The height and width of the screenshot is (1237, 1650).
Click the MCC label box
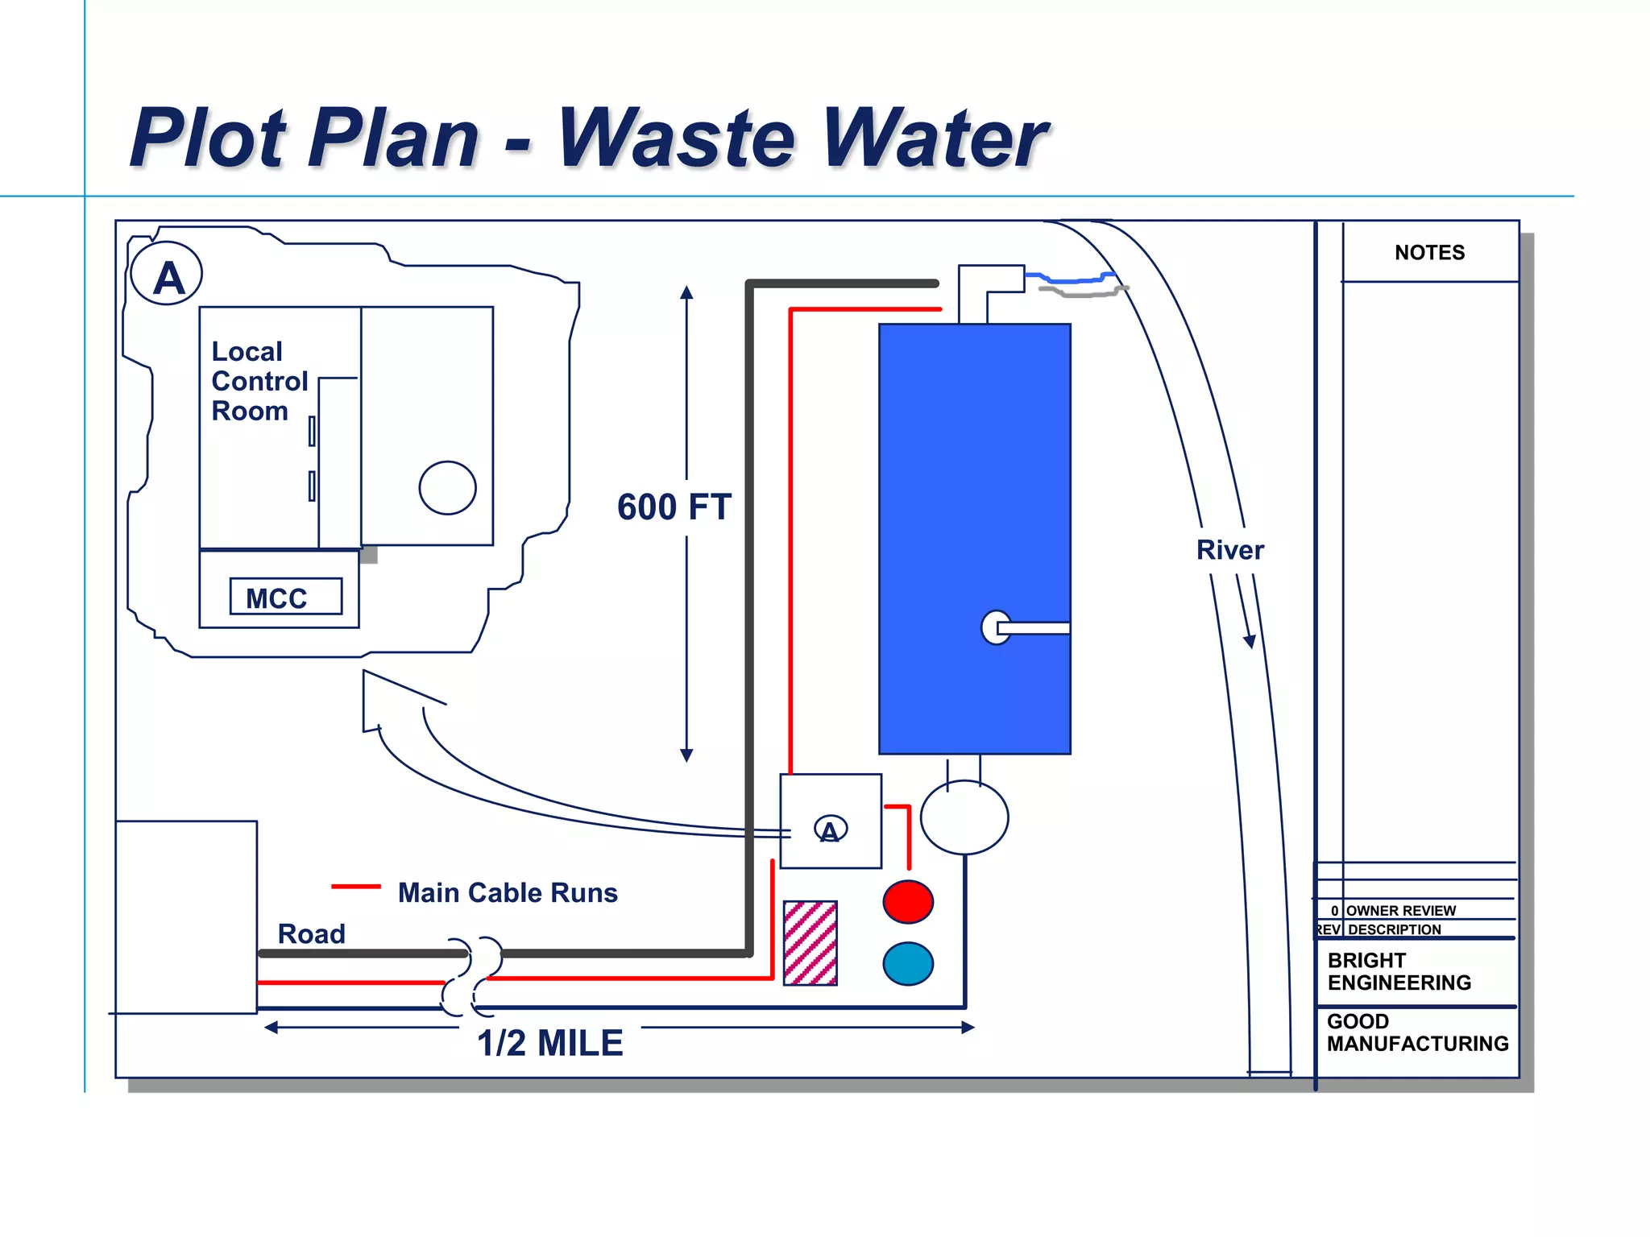pos(285,597)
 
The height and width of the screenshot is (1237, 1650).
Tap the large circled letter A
pos(167,274)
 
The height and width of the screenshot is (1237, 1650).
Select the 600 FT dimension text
pos(674,507)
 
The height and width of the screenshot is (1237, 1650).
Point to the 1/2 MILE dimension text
pos(550,1043)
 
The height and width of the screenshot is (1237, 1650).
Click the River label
pos(1229,550)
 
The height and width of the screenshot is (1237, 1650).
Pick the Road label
pos(311,933)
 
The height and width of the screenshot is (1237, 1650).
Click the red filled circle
pos(908,901)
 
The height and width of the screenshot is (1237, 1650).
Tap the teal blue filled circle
pos(908,964)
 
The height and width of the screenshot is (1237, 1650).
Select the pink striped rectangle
pos(810,943)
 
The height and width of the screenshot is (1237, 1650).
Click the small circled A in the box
pos(830,829)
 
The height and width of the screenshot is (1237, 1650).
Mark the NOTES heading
pos(1429,253)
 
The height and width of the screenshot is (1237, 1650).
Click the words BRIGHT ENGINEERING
pos(1399,971)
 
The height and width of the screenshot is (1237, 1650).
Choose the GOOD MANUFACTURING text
pos(1417,1032)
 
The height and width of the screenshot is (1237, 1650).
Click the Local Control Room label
pos(259,381)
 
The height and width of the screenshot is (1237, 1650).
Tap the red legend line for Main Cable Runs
pos(356,887)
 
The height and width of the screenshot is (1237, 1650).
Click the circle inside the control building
pos(447,487)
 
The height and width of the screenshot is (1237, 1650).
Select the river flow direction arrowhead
pos(1250,641)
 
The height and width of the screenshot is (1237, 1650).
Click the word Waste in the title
pos(677,139)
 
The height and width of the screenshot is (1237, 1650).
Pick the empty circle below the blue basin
pos(964,817)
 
